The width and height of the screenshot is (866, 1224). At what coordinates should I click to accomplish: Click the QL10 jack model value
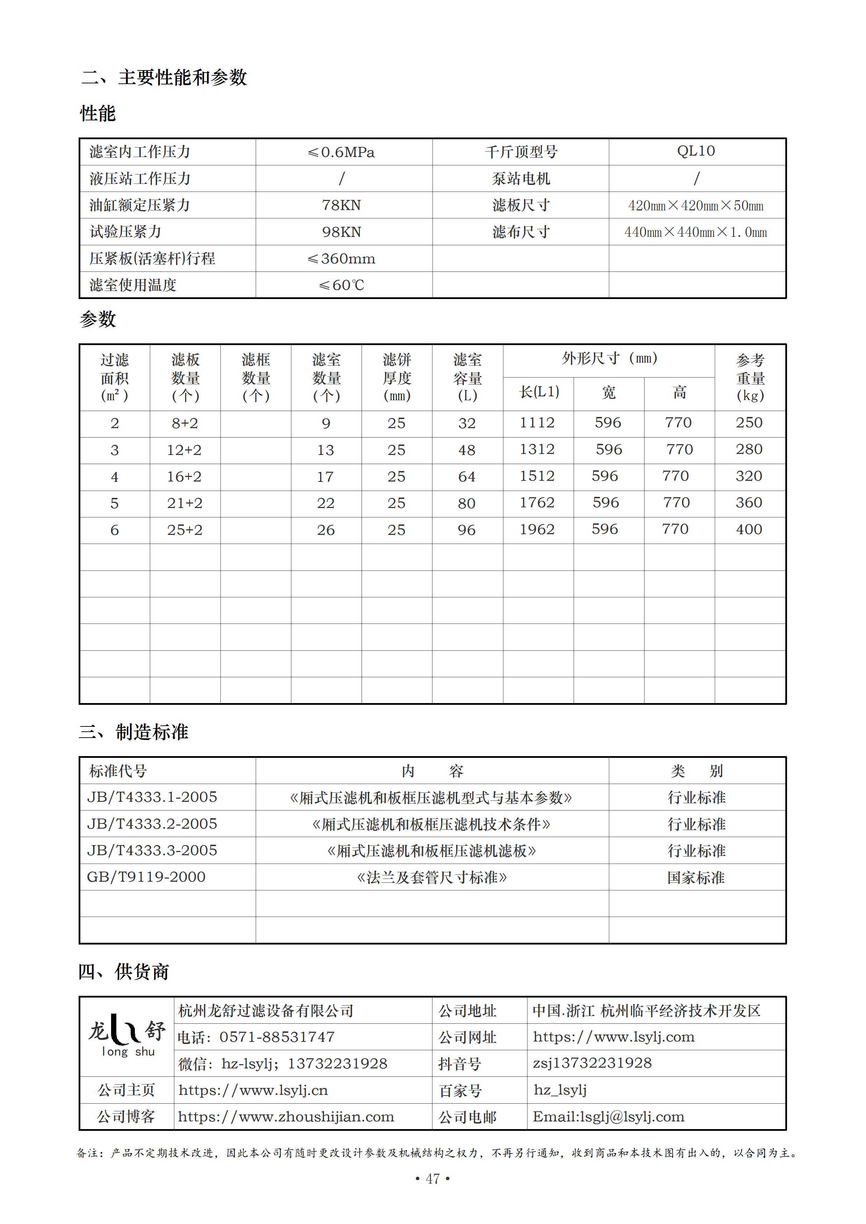696,151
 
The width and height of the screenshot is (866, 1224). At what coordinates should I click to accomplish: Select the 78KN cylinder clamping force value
342,205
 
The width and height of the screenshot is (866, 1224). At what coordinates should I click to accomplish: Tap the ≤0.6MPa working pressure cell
342,152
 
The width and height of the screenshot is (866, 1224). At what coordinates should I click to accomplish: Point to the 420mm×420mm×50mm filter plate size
696,206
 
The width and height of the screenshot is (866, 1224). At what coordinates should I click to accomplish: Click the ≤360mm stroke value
342,259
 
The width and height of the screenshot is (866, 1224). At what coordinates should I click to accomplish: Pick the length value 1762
537,503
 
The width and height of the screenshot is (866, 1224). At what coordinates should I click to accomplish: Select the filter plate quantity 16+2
184,477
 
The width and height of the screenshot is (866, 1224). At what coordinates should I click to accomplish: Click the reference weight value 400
749,529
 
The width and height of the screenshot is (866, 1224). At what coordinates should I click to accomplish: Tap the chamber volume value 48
467,450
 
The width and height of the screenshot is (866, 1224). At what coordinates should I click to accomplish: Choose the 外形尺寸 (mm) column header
609,359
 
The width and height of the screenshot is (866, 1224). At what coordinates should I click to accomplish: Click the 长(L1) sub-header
539,393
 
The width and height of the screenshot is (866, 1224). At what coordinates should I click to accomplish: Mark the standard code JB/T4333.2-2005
152,824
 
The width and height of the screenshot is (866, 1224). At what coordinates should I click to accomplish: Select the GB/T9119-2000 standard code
146,877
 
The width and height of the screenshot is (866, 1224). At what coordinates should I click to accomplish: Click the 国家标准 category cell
696,878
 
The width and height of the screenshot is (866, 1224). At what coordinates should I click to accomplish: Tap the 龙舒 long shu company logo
127,1036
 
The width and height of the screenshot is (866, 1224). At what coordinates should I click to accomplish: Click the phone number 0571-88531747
277,1037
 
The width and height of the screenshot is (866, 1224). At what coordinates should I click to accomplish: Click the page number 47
433,1179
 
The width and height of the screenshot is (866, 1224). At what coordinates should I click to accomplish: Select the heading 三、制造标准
133,732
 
